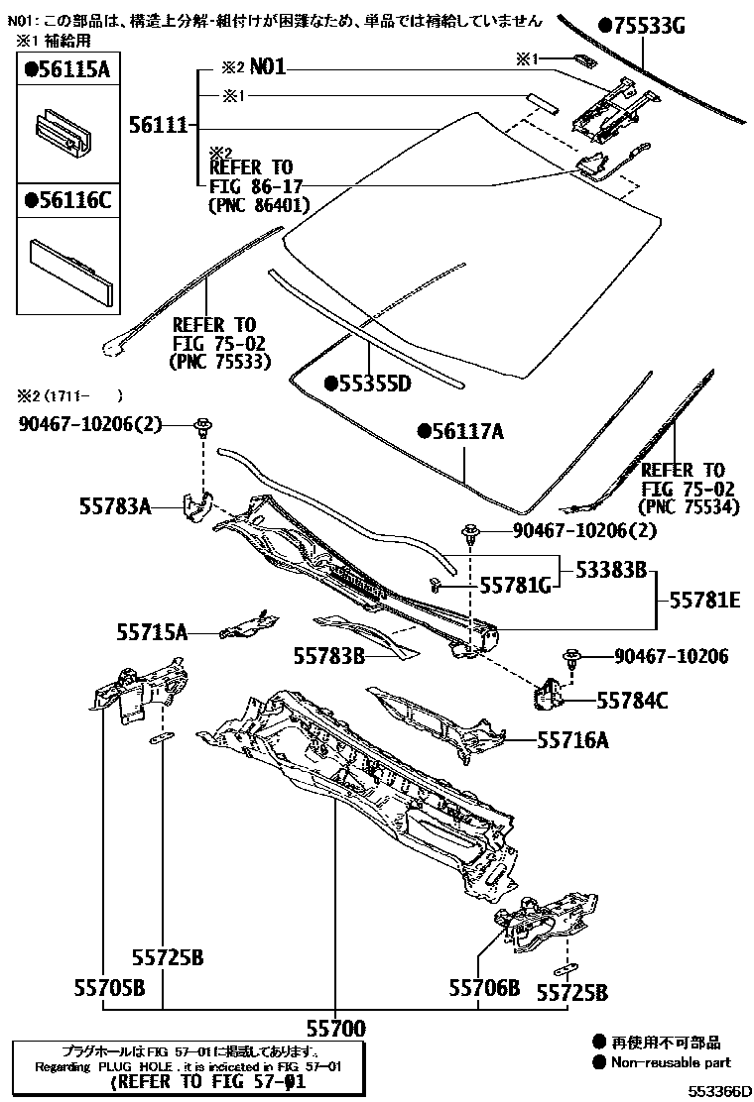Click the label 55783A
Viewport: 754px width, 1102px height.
[115, 506]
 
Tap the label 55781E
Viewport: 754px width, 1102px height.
[704, 600]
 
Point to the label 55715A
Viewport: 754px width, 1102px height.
[152, 631]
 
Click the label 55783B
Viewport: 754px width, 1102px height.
[329, 655]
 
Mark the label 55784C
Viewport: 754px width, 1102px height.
[632, 701]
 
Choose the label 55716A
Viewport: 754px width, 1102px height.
[572, 739]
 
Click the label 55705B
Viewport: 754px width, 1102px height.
[109, 988]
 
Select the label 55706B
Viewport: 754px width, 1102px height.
[483, 988]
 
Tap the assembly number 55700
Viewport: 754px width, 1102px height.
[334, 1027]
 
